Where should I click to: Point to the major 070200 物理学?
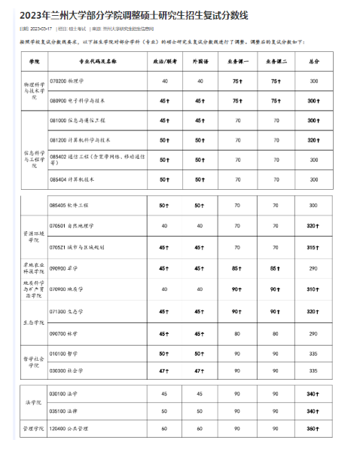pos(68,81)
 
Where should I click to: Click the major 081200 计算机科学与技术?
pos(80,139)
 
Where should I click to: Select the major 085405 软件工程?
pos(70,205)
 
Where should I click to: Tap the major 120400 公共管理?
pos(70,429)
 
